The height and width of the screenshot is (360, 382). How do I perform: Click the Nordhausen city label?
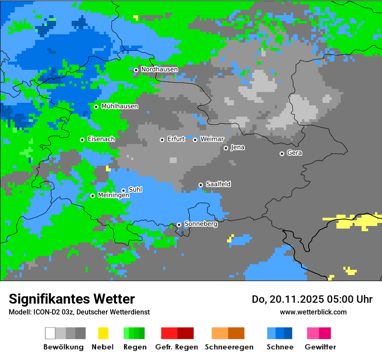click(x=159, y=69)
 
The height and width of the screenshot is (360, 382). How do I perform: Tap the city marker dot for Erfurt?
click(x=162, y=140)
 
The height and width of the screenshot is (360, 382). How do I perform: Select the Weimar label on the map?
click(x=212, y=139)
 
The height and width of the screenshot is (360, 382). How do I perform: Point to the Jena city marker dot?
click(x=226, y=148)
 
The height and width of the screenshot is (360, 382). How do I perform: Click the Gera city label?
click(x=294, y=153)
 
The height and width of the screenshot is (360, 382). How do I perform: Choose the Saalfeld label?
click(x=218, y=184)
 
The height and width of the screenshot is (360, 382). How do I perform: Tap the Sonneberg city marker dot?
click(x=179, y=225)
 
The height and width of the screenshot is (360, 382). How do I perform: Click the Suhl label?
click(x=135, y=190)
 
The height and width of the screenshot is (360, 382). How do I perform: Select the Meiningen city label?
click(x=113, y=196)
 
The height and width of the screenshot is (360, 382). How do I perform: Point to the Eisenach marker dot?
click(x=82, y=140)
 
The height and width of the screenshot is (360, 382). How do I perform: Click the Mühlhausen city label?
click(x=119, y=106)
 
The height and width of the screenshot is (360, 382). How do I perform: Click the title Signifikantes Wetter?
click(x=72, y=299)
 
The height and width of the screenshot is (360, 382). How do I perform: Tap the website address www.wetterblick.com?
click(x=313, y=312)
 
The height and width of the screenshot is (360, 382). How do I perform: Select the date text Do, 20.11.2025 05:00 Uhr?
click(x=312, y=299)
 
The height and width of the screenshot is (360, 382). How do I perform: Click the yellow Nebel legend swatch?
click(x=103, y=333)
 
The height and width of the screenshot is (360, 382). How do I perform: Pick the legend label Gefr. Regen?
click(x=177, y=347)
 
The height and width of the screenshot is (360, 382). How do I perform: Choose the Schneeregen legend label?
click(x=229, y=347)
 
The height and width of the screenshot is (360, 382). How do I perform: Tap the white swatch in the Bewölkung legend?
click(x=50, y=333)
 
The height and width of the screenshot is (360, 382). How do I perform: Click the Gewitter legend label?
click(x=320, y=347)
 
